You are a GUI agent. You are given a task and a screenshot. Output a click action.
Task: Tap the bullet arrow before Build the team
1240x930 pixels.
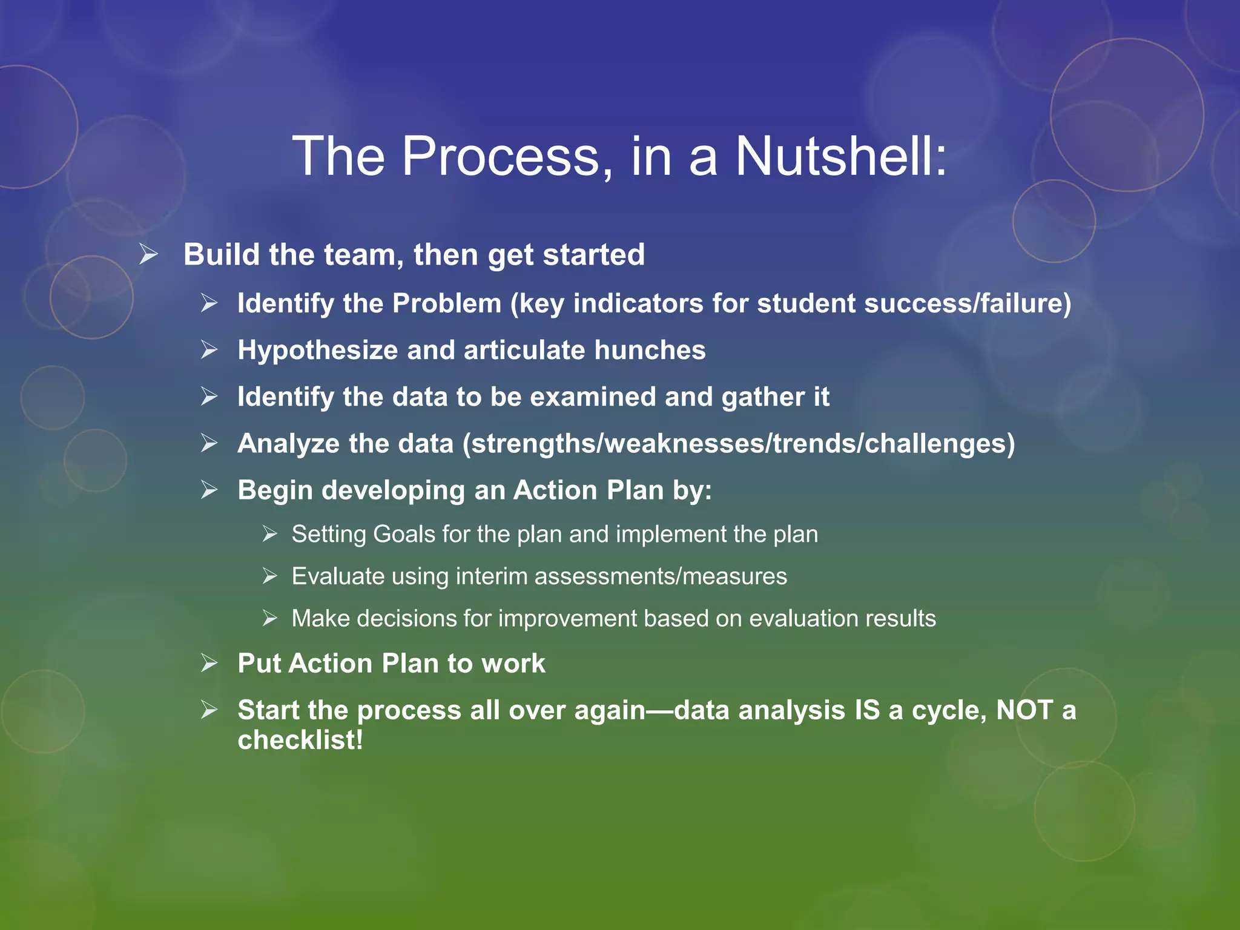click(x=148, y=254)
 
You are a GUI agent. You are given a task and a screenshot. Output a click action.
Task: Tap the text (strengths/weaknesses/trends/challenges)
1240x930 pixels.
click(x=739, y=444)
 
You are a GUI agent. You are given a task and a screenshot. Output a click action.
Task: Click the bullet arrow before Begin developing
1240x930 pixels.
click(x=209, y=490)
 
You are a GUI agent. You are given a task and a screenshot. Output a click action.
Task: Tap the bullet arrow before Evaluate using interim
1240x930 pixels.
click(x=270, y=576)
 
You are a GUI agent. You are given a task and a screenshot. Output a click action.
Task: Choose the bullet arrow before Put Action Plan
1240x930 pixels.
click(x=209, y=664)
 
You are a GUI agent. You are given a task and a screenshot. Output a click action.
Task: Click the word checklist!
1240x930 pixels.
click(x=300, y=740)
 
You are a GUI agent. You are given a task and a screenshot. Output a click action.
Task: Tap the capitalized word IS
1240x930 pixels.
click(x=866, y=710)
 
